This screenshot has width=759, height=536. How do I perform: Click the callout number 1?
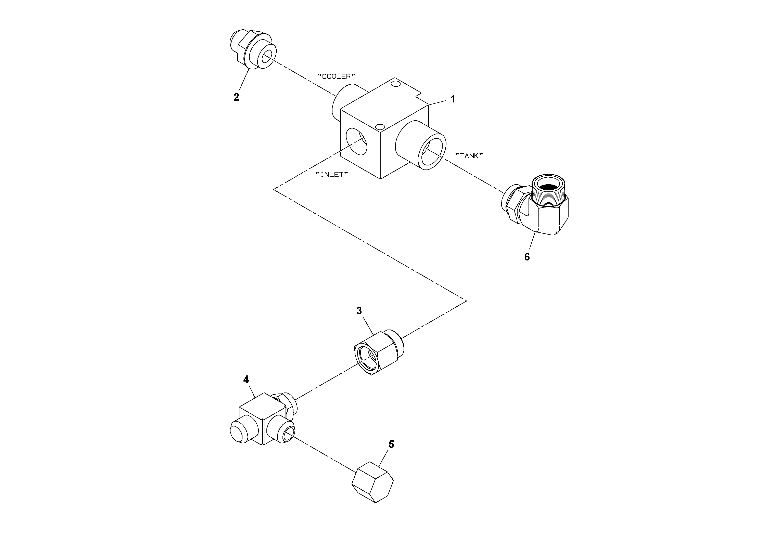[x=453, y=99]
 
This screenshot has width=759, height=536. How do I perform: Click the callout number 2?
[x=236, y=97]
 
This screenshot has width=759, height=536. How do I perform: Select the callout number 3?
[x=359, y=311]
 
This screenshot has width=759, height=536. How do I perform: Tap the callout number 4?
[x=246, y=380]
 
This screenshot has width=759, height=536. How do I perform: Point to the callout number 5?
[x=391, y=445]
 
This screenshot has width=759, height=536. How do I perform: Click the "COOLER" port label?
[x=336, y=77]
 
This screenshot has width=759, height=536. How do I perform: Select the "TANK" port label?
[x=469, y=156]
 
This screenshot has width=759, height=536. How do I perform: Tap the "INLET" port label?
[x=332, y=175]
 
